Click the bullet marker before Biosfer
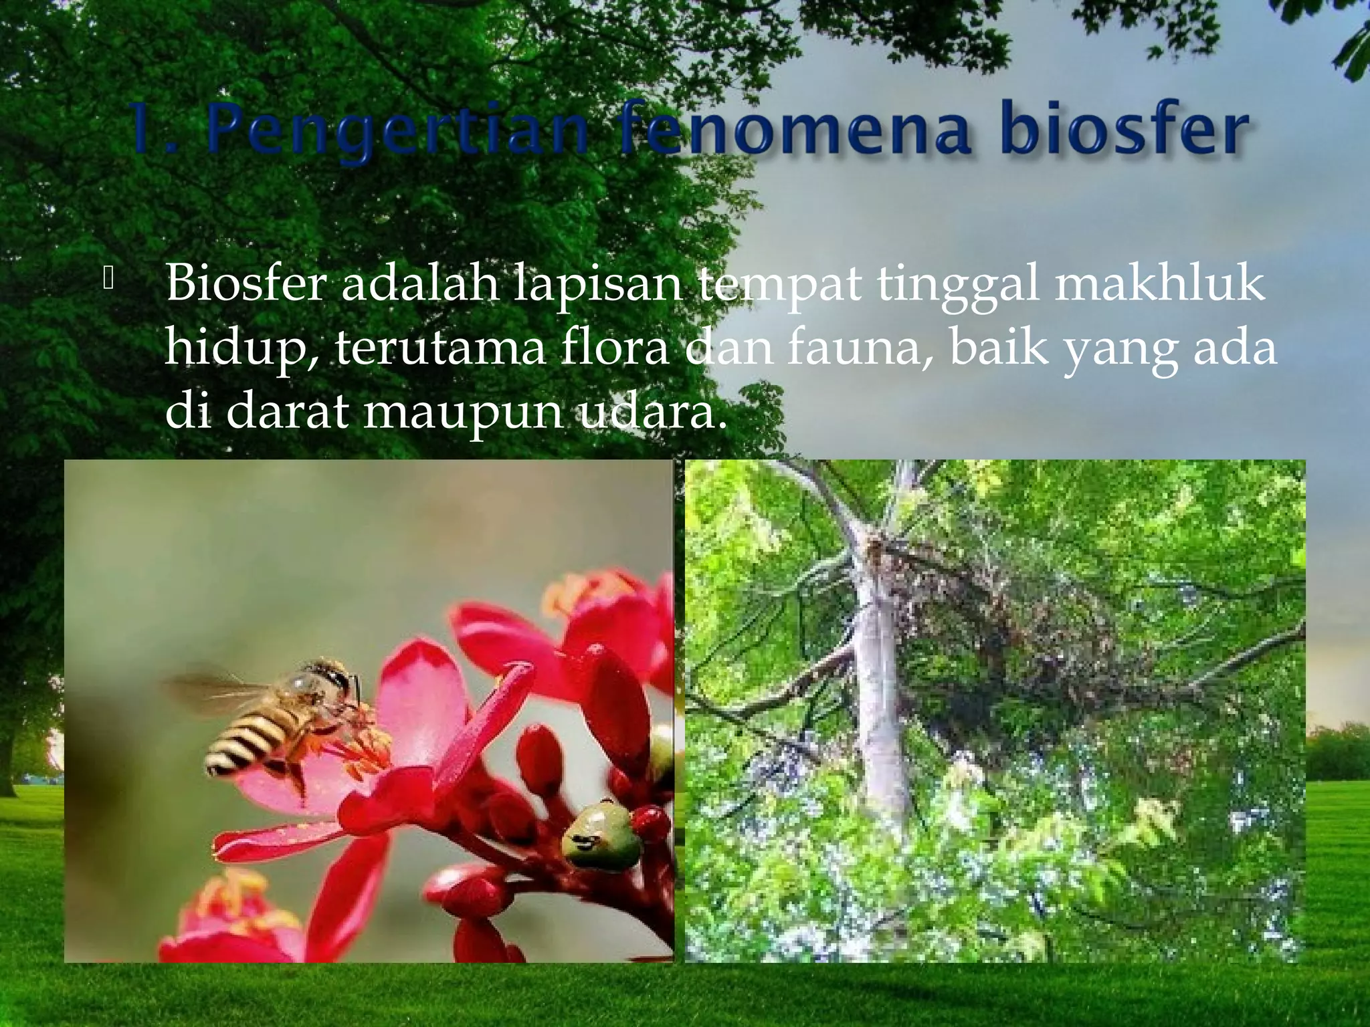coord(109,279)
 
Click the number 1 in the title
coord(143,128)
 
